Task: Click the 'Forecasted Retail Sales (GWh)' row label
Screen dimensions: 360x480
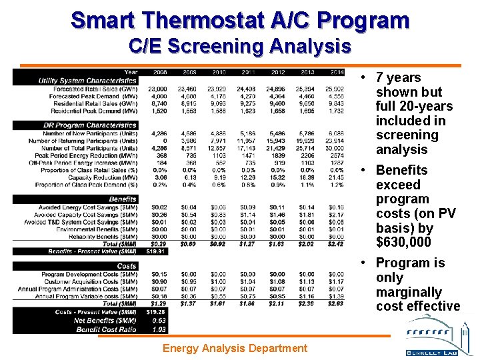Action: click(93, 89)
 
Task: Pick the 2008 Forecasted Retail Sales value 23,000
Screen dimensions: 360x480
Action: click(158, 89)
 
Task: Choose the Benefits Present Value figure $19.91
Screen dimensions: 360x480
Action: click(158, 251)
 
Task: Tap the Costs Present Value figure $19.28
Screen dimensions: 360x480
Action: click(158, 312)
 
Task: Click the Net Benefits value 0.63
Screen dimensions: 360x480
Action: click(159, 320)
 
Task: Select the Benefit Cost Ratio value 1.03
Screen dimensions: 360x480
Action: click(159, 329)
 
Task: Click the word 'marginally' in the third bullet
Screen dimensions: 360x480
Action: click(409, 292)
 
